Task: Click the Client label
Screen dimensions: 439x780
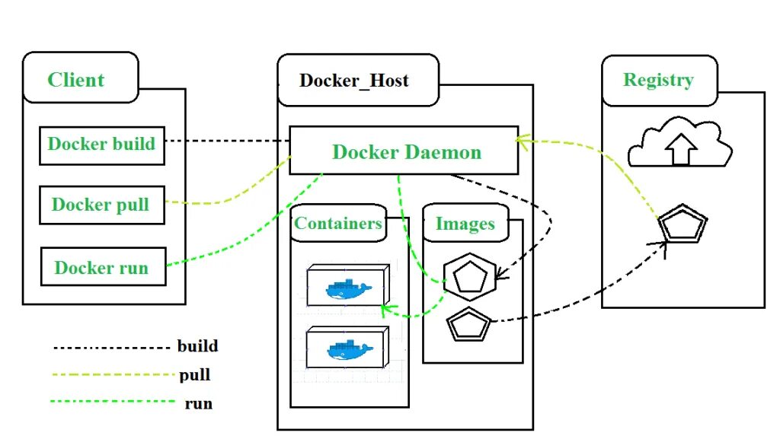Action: pyautogui.click(x=76, y=80)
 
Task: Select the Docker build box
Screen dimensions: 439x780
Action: pyautogui.click(x=101, y=145)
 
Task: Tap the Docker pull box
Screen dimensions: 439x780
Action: pyautogui.click(x=101, y=205)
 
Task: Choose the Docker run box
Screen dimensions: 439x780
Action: pyautogui.click(x=101, y=267)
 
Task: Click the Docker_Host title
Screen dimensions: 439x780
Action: pyautogui.click(x=354, y=80)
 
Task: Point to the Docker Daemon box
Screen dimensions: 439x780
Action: pyautogui.click(x=405, y=151)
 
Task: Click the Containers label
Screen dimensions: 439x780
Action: pyautogui.click(x=338, y=223)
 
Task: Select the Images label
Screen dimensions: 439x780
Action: pyautogui.click(x=465, y=224)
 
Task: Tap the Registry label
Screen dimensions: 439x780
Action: pyautogui.click(x=658, y=80)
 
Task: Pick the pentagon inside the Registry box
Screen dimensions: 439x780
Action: pyautogui.click(x=682, y=225)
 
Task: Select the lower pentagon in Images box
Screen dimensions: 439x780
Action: pyautogui.click(x=468, y=326)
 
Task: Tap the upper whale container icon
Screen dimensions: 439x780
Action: pyautogui.click(x=347, y=288)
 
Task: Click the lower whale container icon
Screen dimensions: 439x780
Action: pyautogui.click(x=347, y=349)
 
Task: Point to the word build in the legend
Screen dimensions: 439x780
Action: pyautogui.click(x=198, y=346)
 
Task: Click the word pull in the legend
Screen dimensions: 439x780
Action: pyautogui.click(x=195, y=375)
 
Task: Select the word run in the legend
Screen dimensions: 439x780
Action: pyautogui.click(x=198, y=404)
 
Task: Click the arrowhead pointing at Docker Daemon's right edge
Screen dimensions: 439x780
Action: pyautogui.click(x=523, y=139)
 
